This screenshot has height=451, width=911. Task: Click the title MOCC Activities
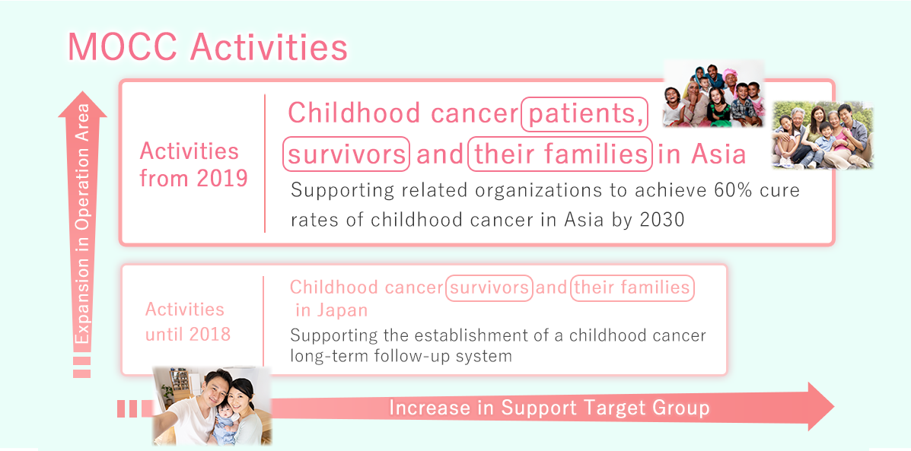(x=208, y=48)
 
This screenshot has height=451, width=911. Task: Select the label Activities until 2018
(x=188, y=322)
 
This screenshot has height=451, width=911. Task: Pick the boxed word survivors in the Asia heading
(x=346, y=154)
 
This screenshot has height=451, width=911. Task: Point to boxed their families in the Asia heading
(x=559, y=154)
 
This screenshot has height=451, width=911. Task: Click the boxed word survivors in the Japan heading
(x=489, y=287)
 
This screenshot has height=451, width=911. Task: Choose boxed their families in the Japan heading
(x=632, y=287)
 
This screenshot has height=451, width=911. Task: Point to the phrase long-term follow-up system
(x=401, y=354)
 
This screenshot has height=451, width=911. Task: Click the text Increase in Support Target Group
(x=549, y=408)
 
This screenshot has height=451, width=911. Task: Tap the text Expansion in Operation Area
(x=83, y=224)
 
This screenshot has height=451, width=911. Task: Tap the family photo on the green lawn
(x=823, y=135)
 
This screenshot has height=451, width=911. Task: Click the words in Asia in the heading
(x=702, y=154)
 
